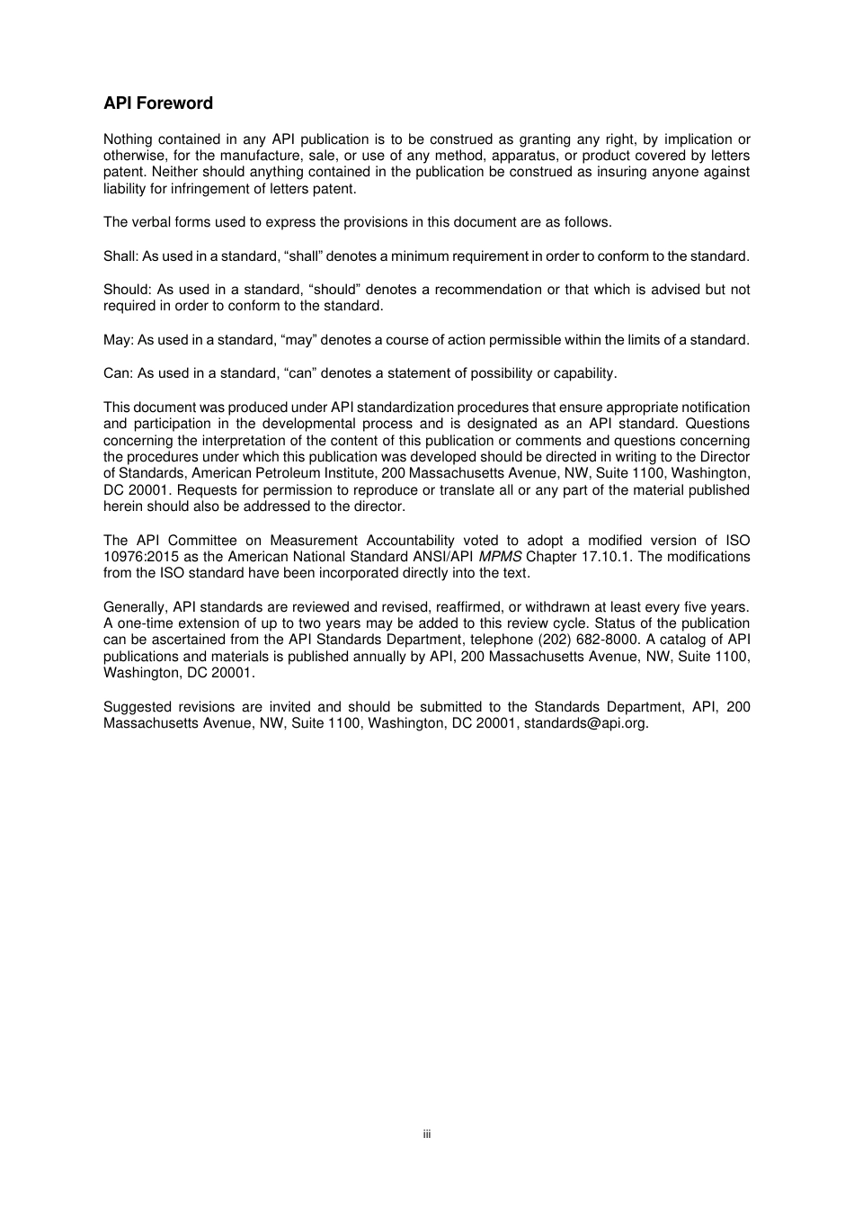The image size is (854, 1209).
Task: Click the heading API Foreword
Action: [158, 103]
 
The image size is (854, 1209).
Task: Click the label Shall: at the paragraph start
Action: [120, 256]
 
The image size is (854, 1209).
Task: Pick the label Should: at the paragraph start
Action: [126, 290]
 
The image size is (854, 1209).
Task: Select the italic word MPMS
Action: [500, 557]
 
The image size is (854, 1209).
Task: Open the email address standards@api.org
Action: [585, 723]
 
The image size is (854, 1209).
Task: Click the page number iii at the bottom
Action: [427, 1134]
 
